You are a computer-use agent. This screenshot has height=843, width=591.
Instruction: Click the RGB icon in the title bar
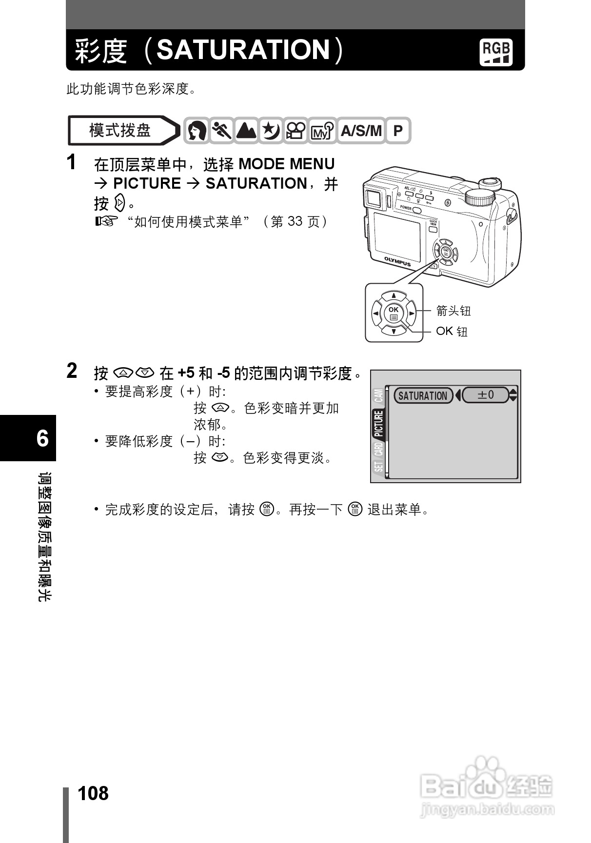click(496, 52)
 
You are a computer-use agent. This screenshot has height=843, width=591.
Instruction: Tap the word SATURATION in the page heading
click(243, 50)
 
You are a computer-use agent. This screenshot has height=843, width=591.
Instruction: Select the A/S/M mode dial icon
click(361, 131)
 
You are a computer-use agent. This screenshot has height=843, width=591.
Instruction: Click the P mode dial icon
click(398, 131)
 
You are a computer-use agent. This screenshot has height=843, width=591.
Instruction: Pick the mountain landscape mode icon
click(246, 131)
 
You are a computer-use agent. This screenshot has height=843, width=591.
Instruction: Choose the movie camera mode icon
click(295, 131)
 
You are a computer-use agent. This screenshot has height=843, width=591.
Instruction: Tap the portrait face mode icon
click(197, 131)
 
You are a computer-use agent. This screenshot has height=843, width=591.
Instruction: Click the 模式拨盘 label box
click(120, 131)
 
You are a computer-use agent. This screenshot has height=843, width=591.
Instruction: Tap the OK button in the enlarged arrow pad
click(394, 313)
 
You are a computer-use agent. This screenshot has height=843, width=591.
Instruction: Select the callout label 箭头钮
click(453, 311)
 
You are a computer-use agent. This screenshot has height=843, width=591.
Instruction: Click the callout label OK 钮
click(452, 332)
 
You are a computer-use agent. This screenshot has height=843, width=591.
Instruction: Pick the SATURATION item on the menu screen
click(423, 395)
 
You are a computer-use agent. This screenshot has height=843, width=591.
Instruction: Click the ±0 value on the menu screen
click(486, 395)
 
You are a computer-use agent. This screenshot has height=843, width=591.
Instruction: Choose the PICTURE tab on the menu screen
click(379, 424)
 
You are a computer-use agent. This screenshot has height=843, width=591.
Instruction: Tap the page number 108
click(93, 793)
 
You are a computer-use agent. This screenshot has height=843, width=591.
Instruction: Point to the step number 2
click(72, 372)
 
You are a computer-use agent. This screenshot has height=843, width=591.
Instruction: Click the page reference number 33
click(295, 221)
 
